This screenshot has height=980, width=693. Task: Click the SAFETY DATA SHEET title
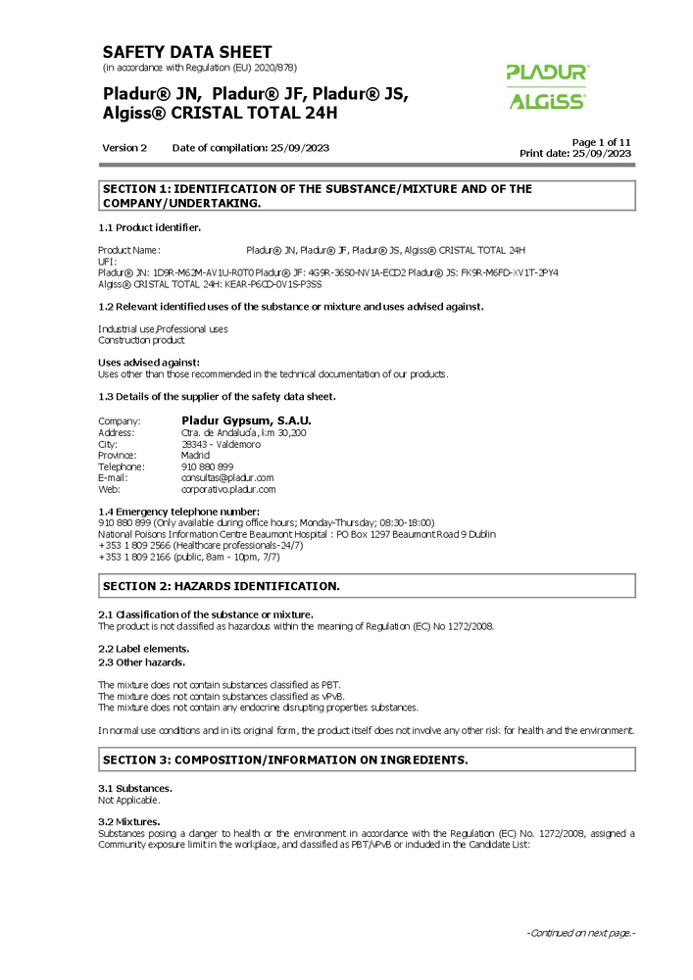187,52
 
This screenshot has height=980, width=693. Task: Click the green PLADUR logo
547,73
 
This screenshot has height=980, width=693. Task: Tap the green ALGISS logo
547,101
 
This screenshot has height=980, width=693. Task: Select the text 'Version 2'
124,148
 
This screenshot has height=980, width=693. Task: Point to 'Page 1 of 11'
601,142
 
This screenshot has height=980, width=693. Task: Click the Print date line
575,154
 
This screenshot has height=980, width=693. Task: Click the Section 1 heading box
368,196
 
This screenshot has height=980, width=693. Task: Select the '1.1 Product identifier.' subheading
150,227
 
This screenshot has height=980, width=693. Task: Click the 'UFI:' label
108,262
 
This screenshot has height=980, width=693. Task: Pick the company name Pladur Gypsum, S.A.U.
246,420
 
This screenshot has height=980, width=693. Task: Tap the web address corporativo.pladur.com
228,489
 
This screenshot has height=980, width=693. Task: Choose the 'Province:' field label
118,455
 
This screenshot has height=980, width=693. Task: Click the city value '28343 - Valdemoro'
221,444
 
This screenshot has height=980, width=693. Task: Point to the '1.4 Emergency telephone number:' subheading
179,512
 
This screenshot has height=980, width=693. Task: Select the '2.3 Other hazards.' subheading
142,662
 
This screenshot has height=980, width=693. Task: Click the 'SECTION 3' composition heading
272,759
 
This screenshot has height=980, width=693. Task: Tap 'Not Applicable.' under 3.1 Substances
130,800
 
